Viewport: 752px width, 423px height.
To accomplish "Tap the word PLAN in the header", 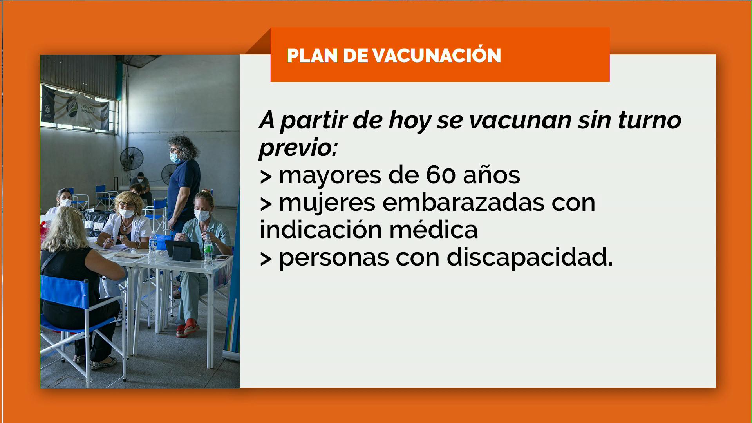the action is [312, 55].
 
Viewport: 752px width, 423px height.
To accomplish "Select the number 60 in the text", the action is [441, 175].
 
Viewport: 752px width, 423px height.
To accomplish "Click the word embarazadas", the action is [463, 202].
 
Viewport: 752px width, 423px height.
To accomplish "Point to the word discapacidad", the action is [530, 258].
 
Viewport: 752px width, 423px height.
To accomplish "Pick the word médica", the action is [434, 230].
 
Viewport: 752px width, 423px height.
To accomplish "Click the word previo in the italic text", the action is [298, 148].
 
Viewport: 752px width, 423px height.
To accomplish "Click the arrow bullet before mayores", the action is [266, 177].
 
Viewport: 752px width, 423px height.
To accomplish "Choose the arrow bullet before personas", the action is [266, 259].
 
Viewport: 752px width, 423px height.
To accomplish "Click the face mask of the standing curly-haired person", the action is [174, 157].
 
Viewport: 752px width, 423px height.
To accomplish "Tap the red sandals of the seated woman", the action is [187, 328].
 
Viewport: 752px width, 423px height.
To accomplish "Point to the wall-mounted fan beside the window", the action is [132, 158].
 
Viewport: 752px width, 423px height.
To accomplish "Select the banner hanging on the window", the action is [75, 107].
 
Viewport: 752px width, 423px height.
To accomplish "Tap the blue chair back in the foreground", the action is [65, 291].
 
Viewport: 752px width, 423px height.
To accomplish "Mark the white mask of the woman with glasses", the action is [126, 213].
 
